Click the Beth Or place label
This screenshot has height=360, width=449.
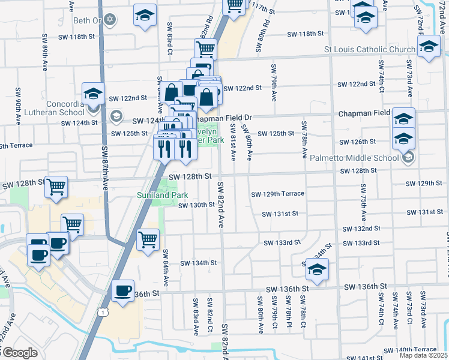tap(85, 20)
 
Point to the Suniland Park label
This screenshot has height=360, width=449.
tap(162, 195)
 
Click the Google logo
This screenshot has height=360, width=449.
tap(19, 353)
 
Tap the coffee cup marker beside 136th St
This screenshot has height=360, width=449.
tap(123, 292)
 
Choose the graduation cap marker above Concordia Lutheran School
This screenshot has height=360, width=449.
tap(94, 93)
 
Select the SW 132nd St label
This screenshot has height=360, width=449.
tap(361, 229)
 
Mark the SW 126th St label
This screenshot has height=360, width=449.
tap(357, 142)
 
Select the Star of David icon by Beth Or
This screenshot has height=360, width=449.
tap(109, 20)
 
